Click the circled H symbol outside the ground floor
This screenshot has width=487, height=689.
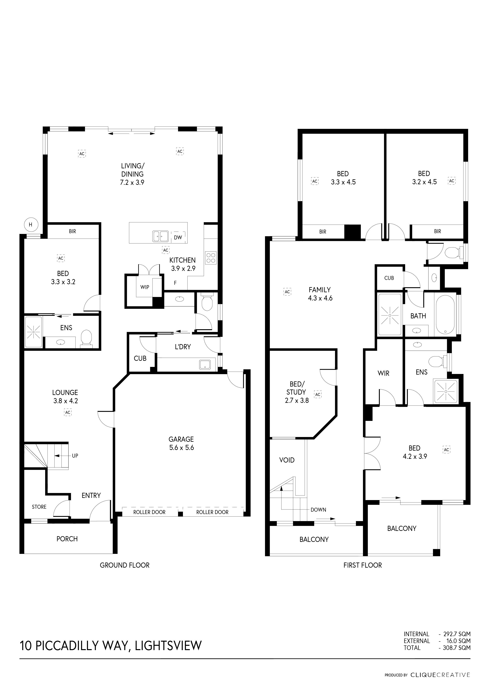pos(30,224)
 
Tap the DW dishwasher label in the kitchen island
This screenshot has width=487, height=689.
pos(178,237)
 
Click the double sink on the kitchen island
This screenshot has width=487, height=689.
pos(160,236)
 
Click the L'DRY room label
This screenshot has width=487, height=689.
pos(183,347)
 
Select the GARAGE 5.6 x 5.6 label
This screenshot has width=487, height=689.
pos(181,443)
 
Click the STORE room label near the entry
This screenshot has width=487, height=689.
pos(39,507)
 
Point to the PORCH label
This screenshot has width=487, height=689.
pos(67,539)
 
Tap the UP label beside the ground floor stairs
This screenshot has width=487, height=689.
pos(75,455)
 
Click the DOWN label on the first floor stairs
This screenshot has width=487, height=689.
pos(318,509)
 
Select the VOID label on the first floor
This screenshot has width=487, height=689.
pos(287,460)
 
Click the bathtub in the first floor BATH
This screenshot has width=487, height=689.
pos(445,315)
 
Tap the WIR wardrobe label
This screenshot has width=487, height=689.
pos(384,373)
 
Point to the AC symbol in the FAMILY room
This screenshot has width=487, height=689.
pos(287,292)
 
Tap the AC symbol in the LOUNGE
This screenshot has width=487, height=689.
pos(68,412)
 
